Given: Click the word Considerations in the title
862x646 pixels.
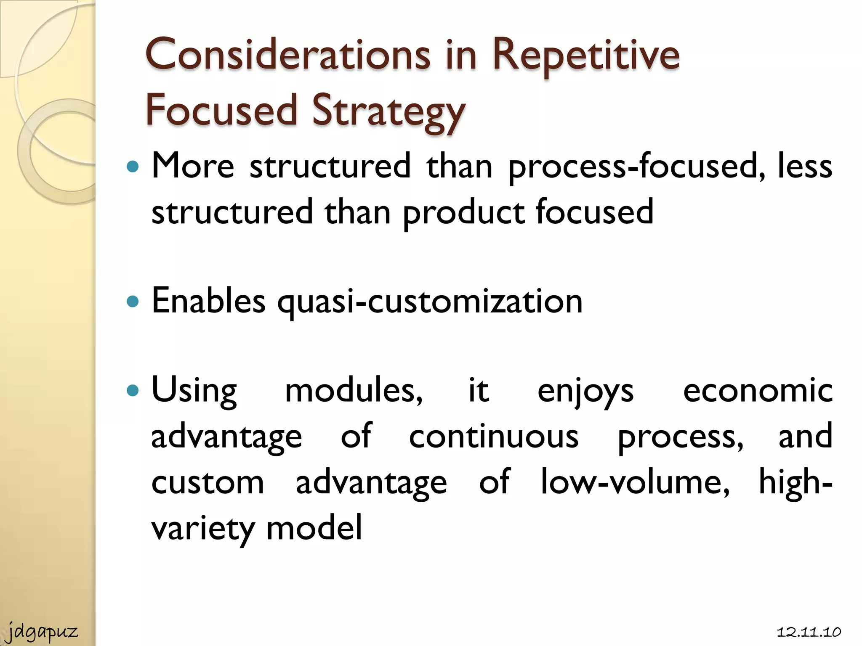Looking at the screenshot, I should (x=287, y=55).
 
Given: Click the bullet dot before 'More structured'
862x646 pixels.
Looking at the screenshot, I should (x=133, y=167).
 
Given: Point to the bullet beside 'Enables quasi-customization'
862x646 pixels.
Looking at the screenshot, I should (x=133, y=302).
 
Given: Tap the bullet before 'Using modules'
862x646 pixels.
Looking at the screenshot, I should (x=133, y=391).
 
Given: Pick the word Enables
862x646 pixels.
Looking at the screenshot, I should (x=208, y=301).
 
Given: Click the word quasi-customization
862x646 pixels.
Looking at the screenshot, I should (x=430, y=302).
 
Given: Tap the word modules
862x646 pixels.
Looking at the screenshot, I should (x=354, y=391).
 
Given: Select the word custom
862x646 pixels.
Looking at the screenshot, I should (x=208, y=482).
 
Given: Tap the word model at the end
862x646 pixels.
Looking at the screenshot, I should (x=314, y=528).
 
